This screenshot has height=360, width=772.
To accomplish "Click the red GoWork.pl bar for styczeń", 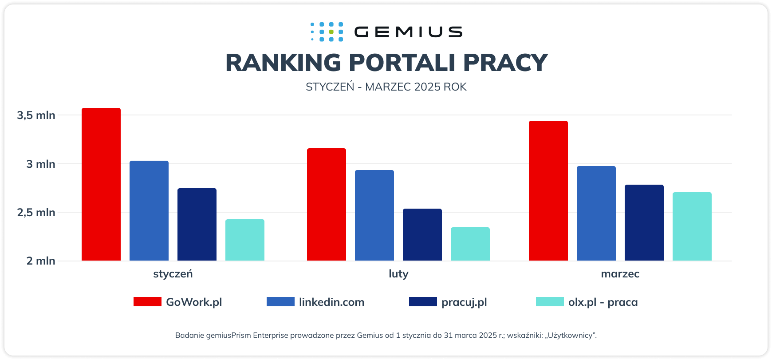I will tap(101, 184).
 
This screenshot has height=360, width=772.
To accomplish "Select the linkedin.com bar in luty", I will tap(374, 215).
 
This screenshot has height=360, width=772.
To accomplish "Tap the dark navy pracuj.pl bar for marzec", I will tap(644, 222).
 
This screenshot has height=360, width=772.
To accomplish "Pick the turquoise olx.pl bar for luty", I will tap(470, 244).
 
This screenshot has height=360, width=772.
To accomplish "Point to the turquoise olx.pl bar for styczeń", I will tap(244, 240).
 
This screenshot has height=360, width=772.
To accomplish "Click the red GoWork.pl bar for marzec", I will tap(548, 191).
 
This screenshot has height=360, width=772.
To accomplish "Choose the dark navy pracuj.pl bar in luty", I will tap(422, 234).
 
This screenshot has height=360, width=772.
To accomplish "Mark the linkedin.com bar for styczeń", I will tap(149, 210).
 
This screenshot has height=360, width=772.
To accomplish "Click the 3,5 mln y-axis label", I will tap(36, 115).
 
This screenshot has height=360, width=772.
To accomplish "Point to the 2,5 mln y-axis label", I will tap(36, 213).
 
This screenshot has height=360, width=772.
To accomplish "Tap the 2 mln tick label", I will tap(40, 261).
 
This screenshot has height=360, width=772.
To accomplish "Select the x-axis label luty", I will tap(398, 274).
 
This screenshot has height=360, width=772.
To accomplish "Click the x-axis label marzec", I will tap(620, 274).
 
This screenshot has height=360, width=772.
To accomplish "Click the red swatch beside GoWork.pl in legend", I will tap(147, 302).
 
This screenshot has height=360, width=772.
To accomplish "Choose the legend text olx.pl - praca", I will tap(603, 302).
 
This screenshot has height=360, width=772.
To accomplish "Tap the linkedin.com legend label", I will tap(331, 302).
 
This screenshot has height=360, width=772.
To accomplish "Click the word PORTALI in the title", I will tap(402, 63).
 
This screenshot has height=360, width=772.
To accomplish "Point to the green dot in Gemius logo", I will tap(331, 32).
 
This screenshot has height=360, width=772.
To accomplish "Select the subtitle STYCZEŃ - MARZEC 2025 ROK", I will tap(386, 87).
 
